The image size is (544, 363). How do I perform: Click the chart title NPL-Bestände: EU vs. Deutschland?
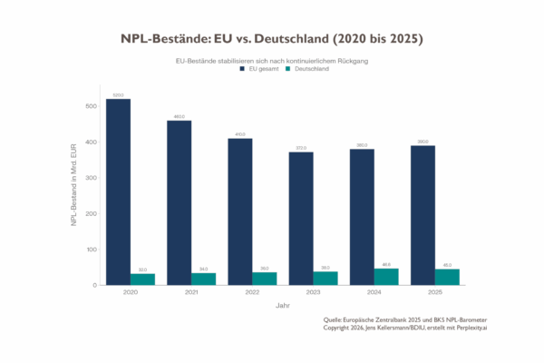coord(272,40)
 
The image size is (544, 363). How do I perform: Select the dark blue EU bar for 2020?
coord(118,191)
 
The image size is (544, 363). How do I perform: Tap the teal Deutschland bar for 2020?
coord(143,279)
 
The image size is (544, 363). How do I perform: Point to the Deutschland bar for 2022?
coord(265,278)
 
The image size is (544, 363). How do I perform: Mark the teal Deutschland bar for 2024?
coord(386,276)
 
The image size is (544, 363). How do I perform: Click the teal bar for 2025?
coord(448,277)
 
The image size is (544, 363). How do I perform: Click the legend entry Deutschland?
coord(308,69)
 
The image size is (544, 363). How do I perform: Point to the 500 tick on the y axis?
coord(91,106)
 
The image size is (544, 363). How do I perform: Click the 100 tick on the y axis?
coord(91,250)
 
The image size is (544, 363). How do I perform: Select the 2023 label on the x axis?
coord(313,292)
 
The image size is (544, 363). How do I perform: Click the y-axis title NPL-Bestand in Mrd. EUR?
coord(75,186)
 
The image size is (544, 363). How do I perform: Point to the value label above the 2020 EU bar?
coord(118,94)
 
